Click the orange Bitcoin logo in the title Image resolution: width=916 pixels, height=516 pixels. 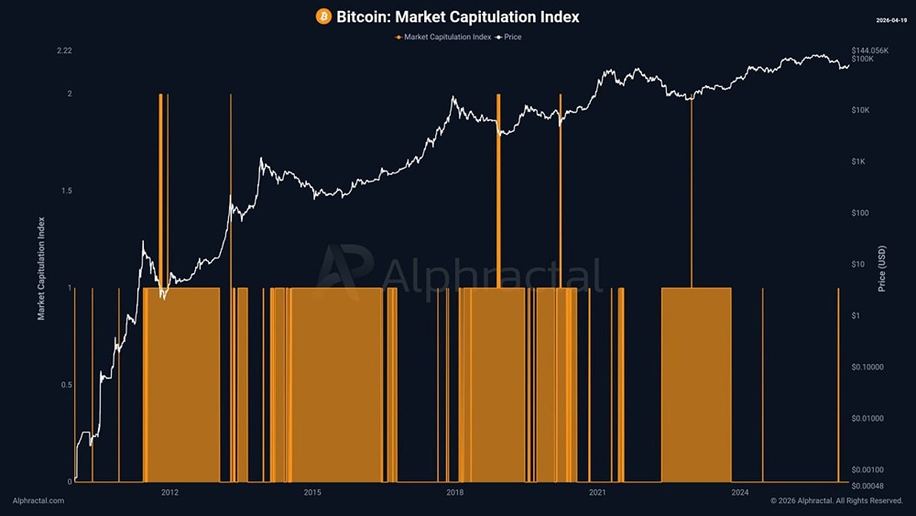pos(323,16)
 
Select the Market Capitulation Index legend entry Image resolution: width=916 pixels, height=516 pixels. pos(443,37)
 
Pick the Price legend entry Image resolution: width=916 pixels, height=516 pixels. pos(508,37)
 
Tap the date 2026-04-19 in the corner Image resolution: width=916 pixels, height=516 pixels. pos(889,18)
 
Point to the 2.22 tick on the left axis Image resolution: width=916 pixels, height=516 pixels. pos(63,50)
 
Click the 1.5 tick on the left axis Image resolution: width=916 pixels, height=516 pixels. pos(64,191)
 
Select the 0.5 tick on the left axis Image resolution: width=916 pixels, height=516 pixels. pos(64,385)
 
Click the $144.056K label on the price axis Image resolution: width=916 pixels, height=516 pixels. pos(870,49)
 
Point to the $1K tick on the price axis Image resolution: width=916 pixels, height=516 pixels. pos(859,162)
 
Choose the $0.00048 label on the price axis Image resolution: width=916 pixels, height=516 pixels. pos(868,485)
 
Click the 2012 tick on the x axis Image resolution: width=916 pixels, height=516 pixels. pos(169,493)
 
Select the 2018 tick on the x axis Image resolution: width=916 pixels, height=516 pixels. pos(454,493)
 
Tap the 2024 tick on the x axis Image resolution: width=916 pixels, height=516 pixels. pos(740,493)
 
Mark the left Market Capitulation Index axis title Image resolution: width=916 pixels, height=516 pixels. pos(41,268)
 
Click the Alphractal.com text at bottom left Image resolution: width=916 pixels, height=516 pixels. pos(38,501)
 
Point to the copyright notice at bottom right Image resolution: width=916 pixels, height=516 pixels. pos(836,501)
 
